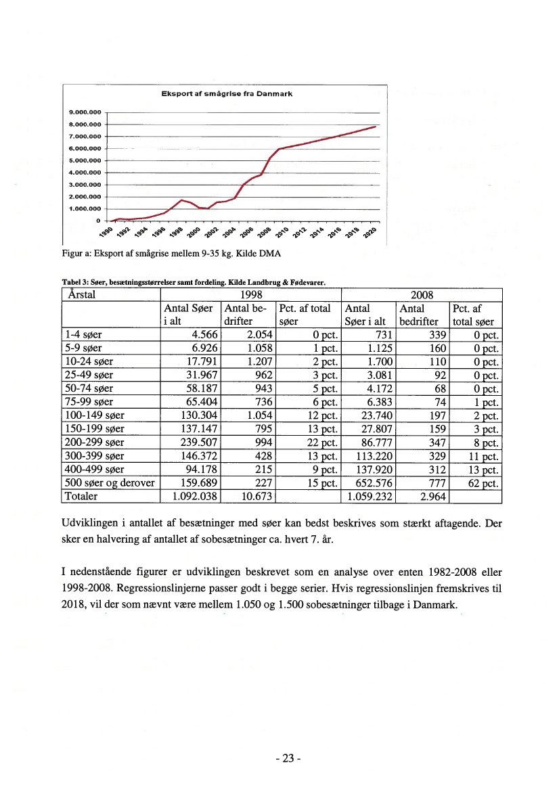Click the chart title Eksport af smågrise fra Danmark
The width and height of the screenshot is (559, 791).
(226, 94)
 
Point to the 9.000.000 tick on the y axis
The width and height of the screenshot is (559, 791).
(85, 112)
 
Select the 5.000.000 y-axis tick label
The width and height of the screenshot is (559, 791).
(85, 160)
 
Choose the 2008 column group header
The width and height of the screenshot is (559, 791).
(423, 295)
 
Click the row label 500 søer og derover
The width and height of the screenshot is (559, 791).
(109, 482)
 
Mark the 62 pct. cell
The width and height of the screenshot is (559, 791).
(481, 482)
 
